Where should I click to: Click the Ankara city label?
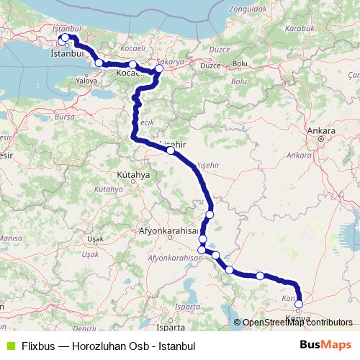(x=321, y=131)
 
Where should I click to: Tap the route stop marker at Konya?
(x=299, y=304)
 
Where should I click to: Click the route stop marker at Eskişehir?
(x=170, y=150)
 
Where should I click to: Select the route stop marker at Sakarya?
(x=159, y=70)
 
